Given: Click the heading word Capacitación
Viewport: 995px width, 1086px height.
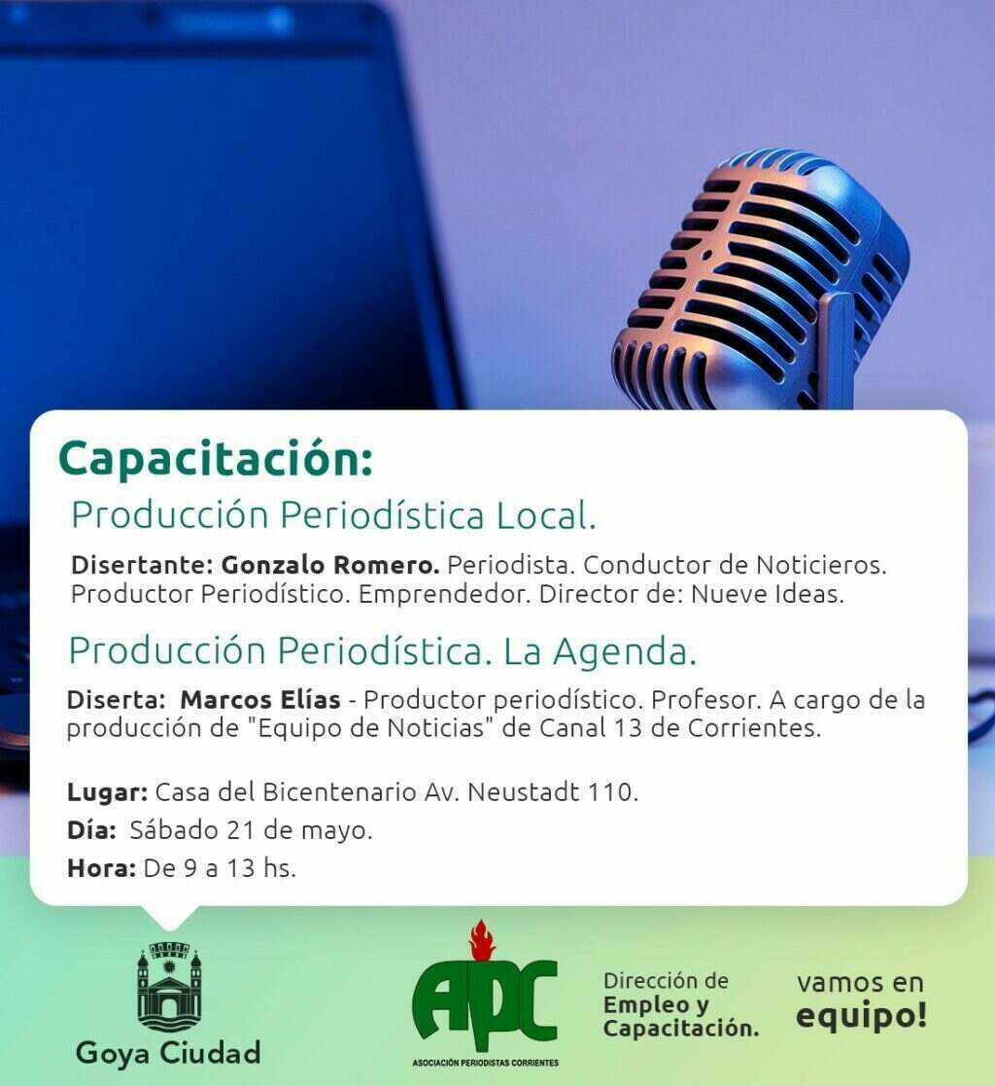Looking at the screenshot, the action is pos(216,460).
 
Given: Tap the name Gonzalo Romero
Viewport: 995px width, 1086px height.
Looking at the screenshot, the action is pos(330,565).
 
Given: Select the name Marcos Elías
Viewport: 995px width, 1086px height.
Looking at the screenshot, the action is pos(260,699).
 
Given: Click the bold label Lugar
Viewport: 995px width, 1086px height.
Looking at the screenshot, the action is pos(107,792).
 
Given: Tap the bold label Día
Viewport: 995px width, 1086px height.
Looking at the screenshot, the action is pos(91,829).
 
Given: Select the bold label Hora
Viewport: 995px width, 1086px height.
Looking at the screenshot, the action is pos(101,868).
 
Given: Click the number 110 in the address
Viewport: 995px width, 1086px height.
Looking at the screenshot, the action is pos(613,791).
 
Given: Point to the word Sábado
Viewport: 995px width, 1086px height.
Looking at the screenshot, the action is pos(174,829).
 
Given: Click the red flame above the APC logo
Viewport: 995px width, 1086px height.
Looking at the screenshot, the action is pos(482,940).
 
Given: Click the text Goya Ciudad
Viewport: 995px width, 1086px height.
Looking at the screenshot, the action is pos(168,1053).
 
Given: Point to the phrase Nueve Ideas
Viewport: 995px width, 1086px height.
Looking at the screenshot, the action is pos(768,594).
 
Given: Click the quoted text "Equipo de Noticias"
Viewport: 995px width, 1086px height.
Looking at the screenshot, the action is pos(371,728).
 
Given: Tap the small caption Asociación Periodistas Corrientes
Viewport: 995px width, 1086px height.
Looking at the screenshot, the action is pos(486,1063).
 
